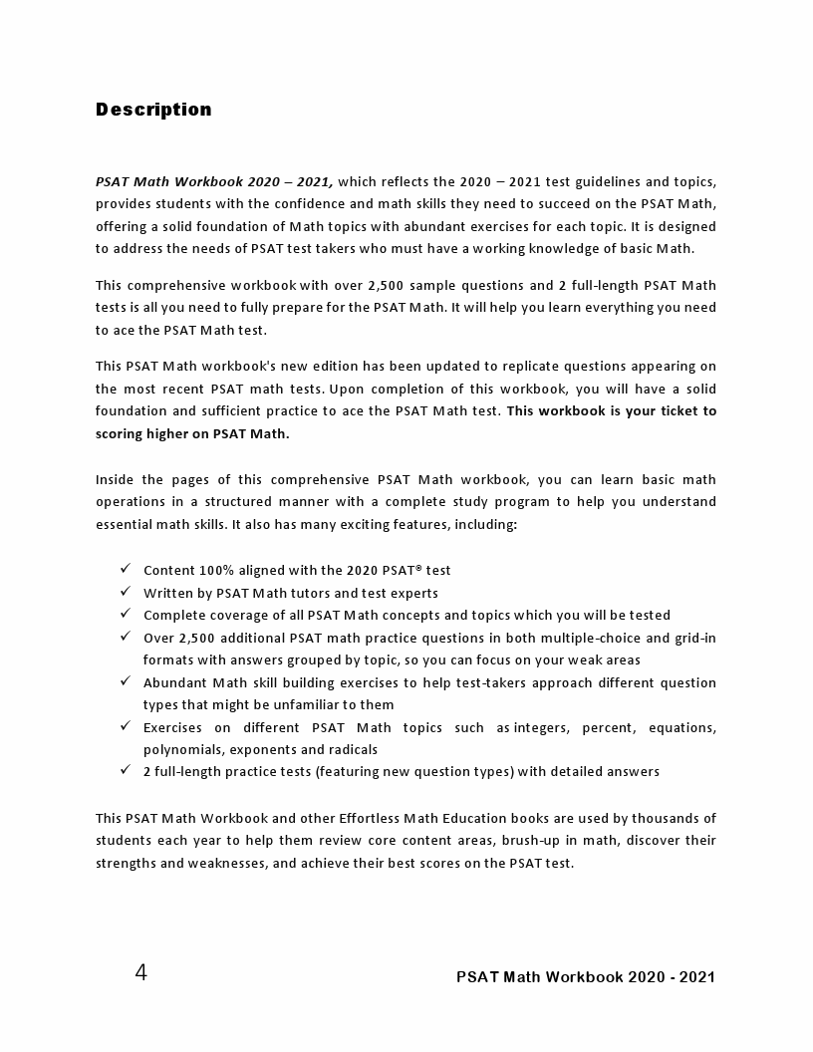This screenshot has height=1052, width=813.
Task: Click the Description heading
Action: pos(153,110)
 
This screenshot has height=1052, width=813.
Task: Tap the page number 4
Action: pos(141,972)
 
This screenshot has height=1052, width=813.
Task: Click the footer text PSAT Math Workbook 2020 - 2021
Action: pos(586,976)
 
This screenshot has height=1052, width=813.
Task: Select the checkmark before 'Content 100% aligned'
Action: pos(126,569)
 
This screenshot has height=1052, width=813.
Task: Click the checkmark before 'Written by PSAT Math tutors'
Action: pos(126,592)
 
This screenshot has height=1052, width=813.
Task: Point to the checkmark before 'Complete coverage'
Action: pos(126,614)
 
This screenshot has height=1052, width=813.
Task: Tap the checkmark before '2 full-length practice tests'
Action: pos(126,770)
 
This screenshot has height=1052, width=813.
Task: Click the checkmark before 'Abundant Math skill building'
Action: pos(126,681)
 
